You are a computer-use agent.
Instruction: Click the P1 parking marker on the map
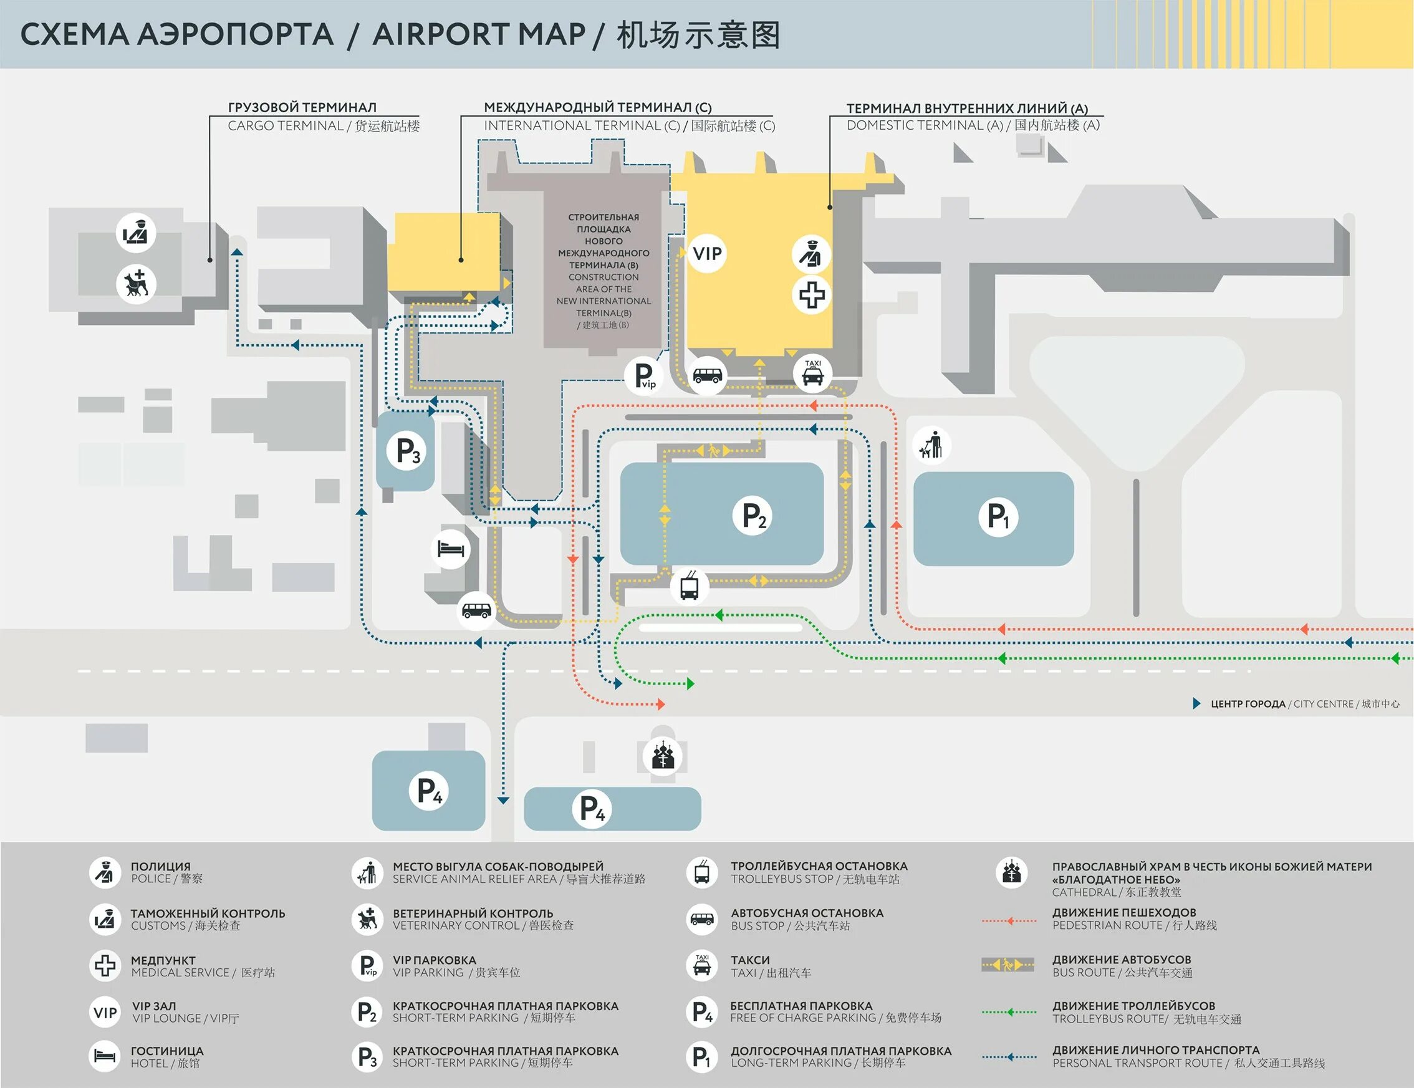(998, 517)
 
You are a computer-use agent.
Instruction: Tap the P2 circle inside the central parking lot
(753, 516)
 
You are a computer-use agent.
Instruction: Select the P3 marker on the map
(407, 450)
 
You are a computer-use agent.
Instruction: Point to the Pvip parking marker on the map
(645, 375)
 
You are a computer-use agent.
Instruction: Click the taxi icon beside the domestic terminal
(812, 373)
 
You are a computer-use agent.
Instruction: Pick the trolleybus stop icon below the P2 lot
(690, 586)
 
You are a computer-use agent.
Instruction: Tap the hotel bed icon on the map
(451, 549)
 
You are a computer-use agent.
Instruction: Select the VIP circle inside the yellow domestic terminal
(706, 253)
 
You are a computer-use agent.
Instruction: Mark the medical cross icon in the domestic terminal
(811, 296)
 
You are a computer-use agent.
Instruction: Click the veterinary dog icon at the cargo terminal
(137, 284)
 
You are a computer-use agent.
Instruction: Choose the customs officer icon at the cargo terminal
(137, 232)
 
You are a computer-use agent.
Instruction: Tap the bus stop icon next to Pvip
(707, 375)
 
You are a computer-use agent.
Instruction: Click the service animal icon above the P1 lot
(931, 446)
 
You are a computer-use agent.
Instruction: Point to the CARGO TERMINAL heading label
(302, 107)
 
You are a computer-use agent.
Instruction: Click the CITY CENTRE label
(1323, 704)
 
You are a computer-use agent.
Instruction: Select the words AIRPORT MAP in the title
(478, 34)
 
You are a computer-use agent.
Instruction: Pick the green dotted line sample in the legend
(1009, 1011)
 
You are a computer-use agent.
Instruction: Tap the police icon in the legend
(105, 872)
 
